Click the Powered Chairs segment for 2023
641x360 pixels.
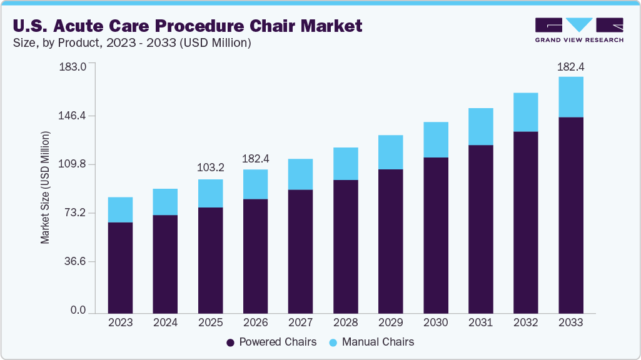click(x=120, y=267)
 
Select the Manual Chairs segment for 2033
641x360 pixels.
click(x=570, y=97)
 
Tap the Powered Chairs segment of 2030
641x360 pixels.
click(x=435, y=235)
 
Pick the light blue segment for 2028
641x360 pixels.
click(x=345, y=164)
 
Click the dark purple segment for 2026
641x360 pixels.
click(x=255, y=256)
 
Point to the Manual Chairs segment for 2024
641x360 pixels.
click(x=165, y=202)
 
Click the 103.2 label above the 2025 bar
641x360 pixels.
click(x=210, y=168)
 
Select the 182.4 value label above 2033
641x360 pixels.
click(x=570, y=66)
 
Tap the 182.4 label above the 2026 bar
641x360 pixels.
click(x=255, y=158)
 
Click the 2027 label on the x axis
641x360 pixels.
click(x=300, y=322)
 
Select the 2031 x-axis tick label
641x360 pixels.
click(x=480, y=322)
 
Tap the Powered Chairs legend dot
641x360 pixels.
click(x=230, y=342)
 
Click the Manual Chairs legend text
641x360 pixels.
click(x=378, y=342)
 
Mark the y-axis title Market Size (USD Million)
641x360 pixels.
click(x=45, y=187)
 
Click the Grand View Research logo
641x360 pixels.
click(x=579, y=30)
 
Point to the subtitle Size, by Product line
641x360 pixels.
click(x=132, y=43)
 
